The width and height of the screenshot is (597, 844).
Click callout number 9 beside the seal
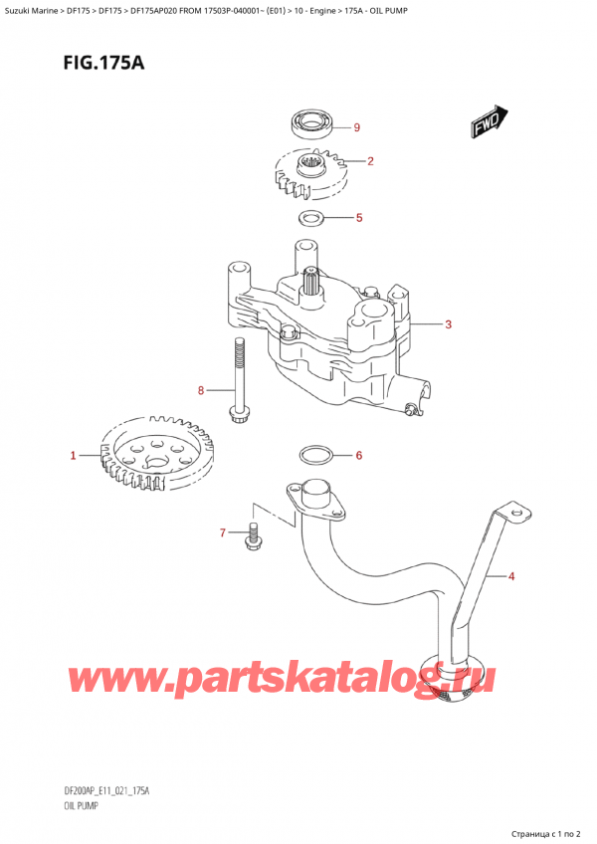pos(357,127)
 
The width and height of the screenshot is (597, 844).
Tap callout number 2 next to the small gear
pos(370,161)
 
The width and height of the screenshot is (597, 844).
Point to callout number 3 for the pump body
pos(449,324)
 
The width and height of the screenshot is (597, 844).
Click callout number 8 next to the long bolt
pos(201,390)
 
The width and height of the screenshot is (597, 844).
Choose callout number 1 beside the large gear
pos(73,457)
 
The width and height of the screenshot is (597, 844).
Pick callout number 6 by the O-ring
pos(359,456)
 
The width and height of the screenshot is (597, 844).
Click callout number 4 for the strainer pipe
pos(511,575)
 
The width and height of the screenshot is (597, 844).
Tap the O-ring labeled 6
pos(316,457)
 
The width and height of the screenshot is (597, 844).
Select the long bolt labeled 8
pos(239,379)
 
